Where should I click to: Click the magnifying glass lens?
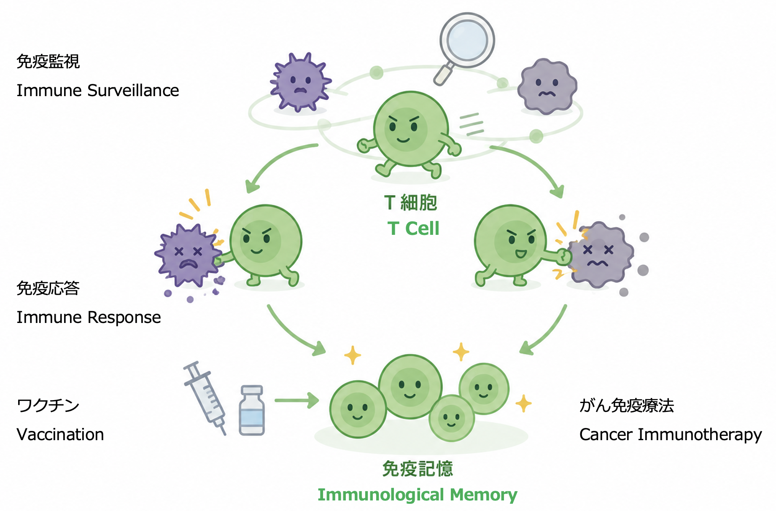click(467, 40)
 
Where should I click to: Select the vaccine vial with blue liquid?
click(251, 410)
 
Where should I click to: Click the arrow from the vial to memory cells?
click(297, 400)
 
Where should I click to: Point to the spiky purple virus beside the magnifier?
click(300, 82)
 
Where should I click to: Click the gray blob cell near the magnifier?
click(547, 86)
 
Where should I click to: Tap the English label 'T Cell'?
click(413, 229)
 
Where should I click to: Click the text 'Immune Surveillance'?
click(98, 91)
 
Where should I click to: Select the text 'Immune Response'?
click(89, 317)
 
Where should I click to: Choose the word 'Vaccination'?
click(60, 435)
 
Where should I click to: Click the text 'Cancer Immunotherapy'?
click(671, 435)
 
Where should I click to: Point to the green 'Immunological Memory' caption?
click(418, 495)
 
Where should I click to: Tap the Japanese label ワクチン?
click(48, 406)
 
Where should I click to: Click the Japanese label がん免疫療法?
click(627, 406)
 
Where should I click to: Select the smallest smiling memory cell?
click(452, 418)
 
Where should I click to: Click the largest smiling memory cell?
click(410, 387)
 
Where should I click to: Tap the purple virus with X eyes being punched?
click(188, 255)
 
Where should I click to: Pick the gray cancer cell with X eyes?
click(599, 255)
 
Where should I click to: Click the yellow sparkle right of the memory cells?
click(523, 403)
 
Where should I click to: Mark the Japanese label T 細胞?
click(411, 203)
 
